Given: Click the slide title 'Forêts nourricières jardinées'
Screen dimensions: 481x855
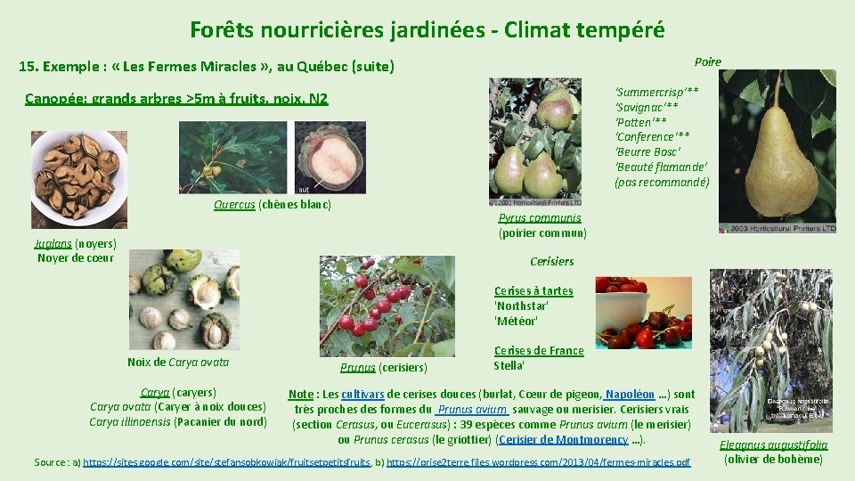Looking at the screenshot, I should click(x=427, y=29).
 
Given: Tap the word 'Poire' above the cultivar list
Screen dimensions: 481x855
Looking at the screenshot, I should click(x=707, y=61).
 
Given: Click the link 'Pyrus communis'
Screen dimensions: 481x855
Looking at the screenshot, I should click(x=540, y=218).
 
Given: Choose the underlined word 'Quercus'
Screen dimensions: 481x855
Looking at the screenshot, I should click(x=234, y=205).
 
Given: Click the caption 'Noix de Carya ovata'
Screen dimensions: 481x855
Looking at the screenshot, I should click(x=178, y=362).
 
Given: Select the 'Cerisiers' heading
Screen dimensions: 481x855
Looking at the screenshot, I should click(x=551, y=261).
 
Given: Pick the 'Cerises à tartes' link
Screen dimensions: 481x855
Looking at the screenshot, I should click(x=533, y=290).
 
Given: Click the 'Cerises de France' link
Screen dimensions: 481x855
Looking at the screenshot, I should click(x=539, y=351).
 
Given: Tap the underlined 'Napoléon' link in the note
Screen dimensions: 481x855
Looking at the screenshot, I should click(x=631, y=395).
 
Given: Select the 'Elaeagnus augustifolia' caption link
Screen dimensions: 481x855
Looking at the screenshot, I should click(x=773, y=444).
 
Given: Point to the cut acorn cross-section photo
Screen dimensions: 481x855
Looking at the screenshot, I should click(x=330, y=158).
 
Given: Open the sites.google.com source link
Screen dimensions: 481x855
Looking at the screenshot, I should click(x=227, y=462).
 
